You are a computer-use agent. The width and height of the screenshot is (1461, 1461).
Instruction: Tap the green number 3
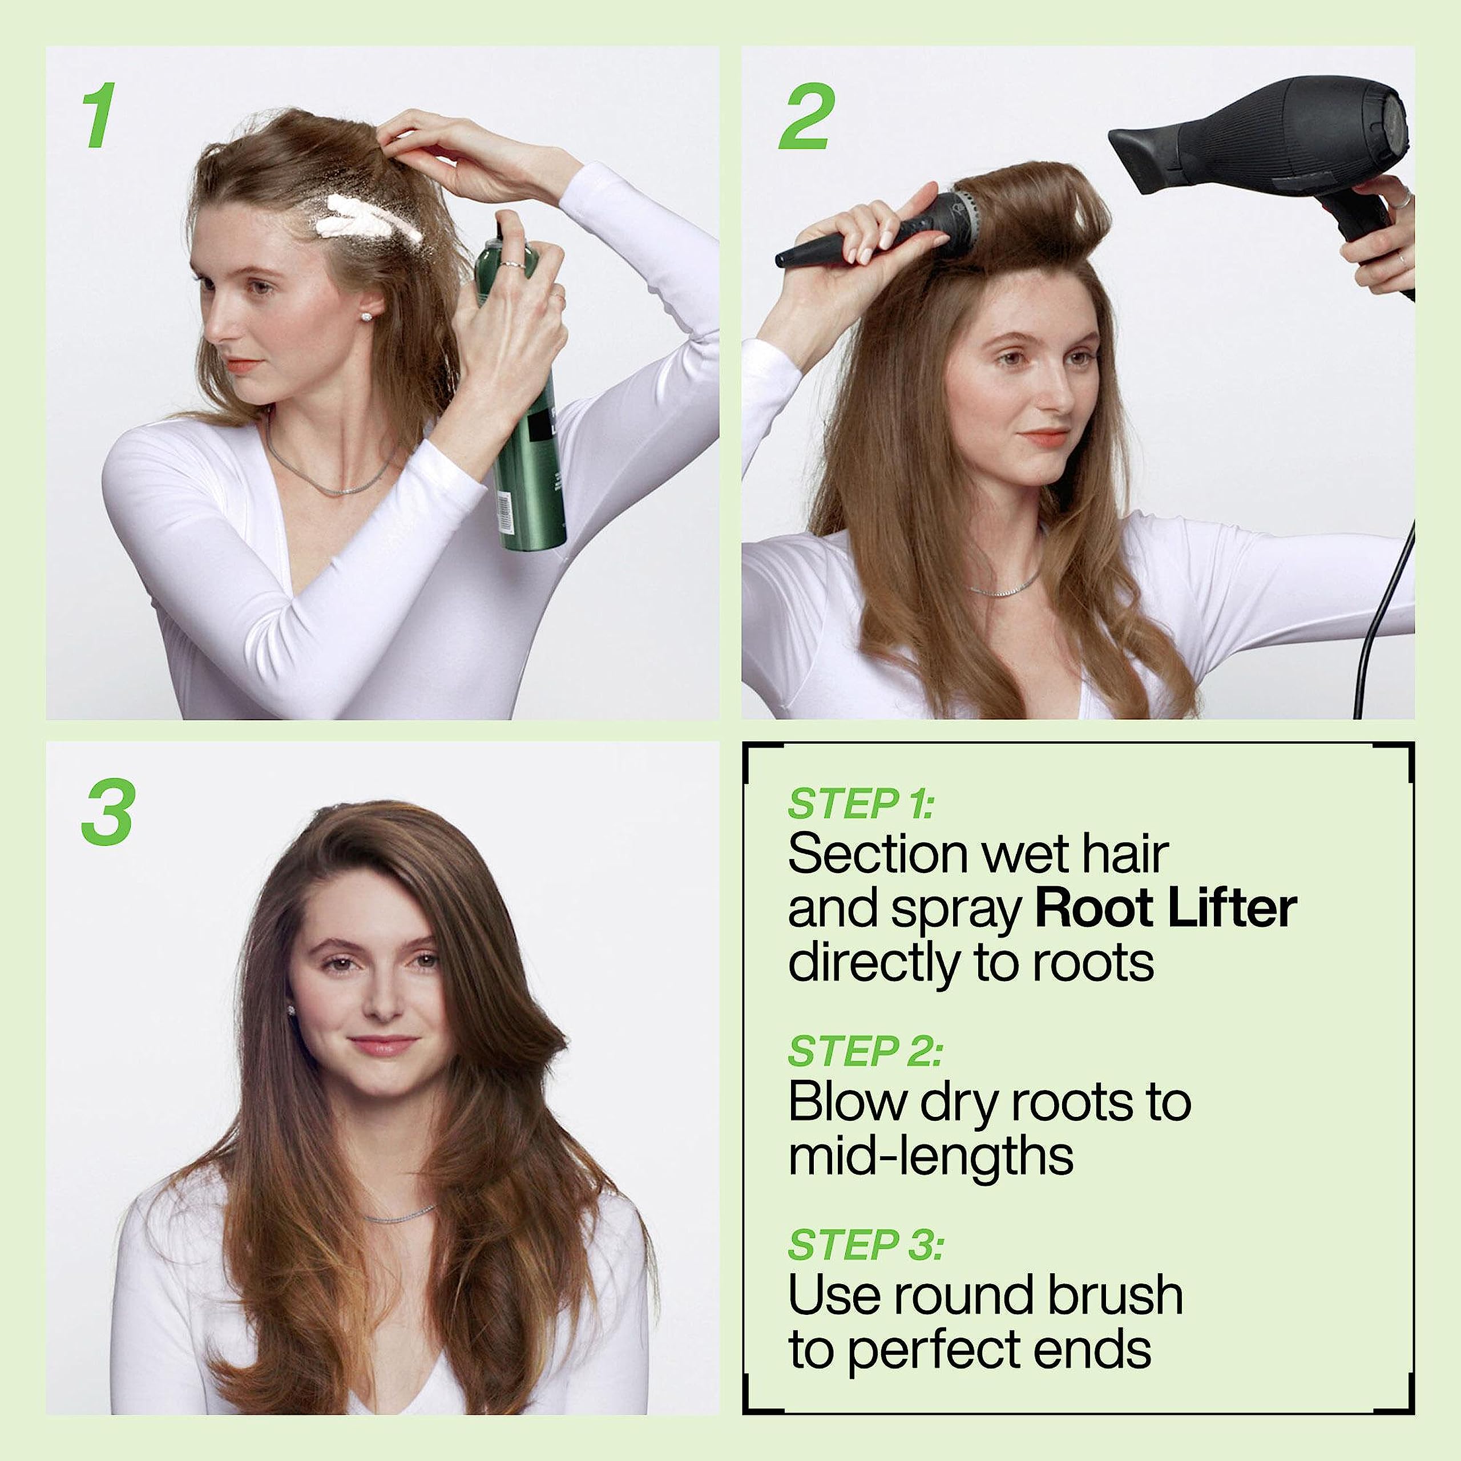[108, 813]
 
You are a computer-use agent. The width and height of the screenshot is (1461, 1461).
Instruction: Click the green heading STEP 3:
[865, 1245]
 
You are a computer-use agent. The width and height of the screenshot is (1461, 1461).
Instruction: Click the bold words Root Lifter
[1165, 910]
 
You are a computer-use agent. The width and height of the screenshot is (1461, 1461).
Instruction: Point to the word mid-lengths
[930, 1157]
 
